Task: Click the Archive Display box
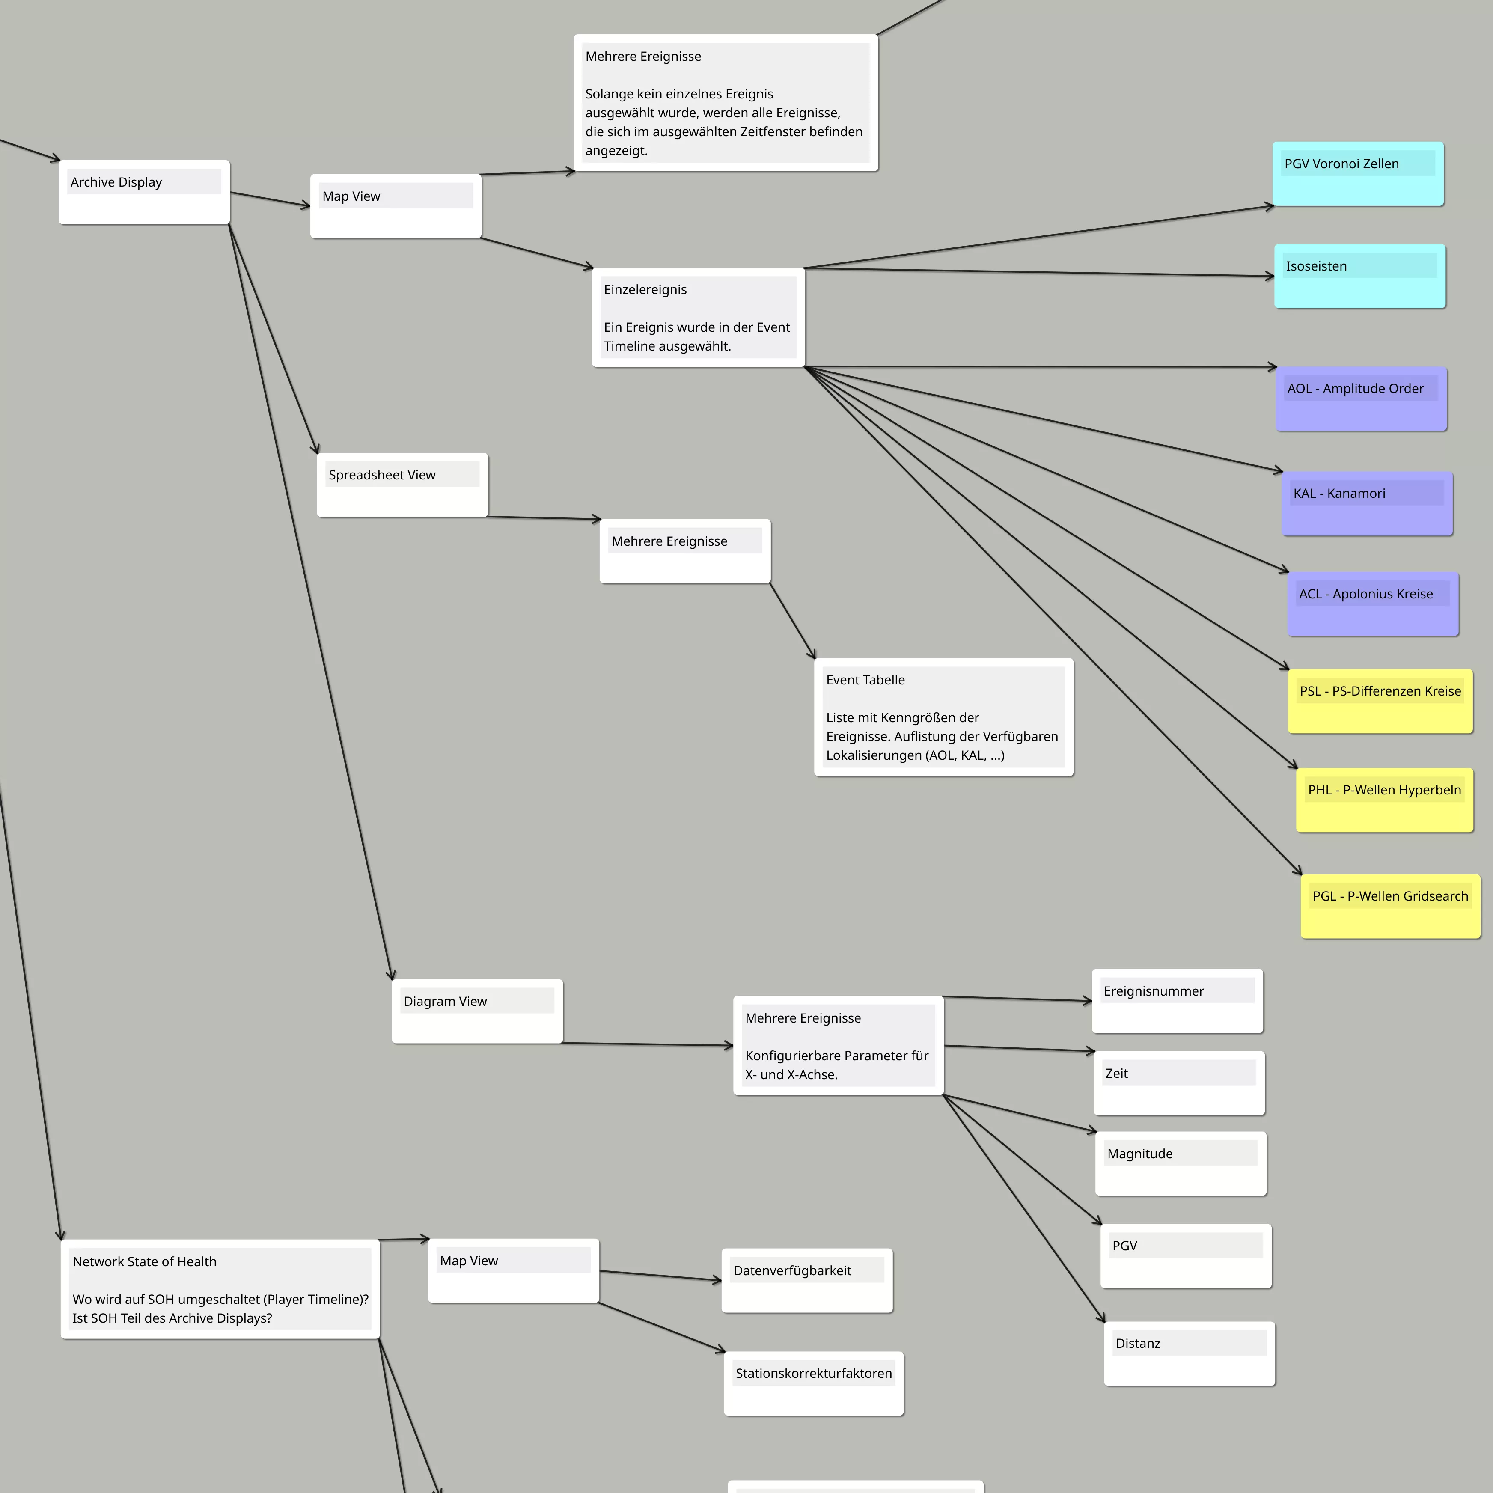[145, 193]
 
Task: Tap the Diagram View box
[478, 1011]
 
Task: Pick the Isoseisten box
[1360, 277]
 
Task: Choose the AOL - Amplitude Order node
[1362, 399]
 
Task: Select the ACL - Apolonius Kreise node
[1373, 604]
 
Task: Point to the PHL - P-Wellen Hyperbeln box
[1385, 800]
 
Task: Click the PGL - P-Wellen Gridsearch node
[1391, 907]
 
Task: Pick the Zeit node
[1179, 1083]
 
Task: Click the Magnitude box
[1181, 1164]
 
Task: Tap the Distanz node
[1189, 1354]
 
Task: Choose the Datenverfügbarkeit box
[808, 1281]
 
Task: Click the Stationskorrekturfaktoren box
[814, 1383]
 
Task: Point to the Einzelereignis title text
[645, 290]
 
